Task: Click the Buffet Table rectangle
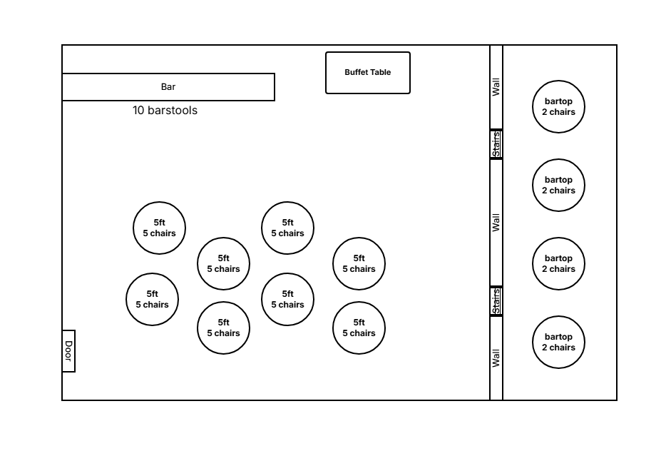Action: point(368,73)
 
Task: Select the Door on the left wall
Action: point(68,351)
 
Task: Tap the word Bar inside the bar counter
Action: point(168,87)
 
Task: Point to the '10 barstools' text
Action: point(165,111)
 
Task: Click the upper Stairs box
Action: point(496,144)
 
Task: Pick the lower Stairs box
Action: point(496,301)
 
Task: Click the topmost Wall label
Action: point(496,87)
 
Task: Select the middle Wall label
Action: point(496,222)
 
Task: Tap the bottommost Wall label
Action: point(496,358)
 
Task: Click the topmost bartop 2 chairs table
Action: point(558,107)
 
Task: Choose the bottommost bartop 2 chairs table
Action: point(558,343)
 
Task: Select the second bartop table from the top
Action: point(558,186)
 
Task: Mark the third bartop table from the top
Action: point(558,264)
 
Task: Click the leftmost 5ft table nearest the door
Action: point(153,300)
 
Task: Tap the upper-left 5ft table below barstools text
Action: point(160,228)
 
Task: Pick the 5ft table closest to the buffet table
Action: point(287,228)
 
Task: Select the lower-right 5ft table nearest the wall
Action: point(359,328)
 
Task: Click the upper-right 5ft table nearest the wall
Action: point(359,264)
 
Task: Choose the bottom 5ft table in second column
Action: point(223,328)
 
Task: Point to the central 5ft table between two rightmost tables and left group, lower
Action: point(287,300)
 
